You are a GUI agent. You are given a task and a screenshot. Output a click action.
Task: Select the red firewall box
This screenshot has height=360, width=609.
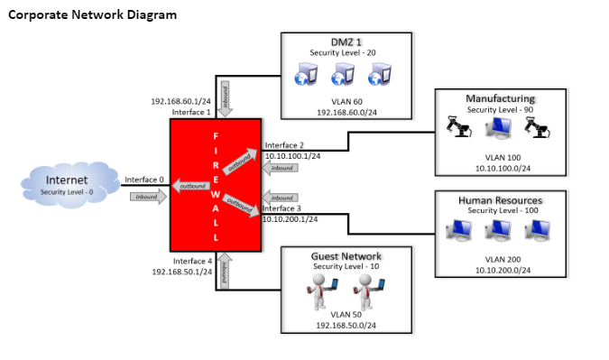click(216, 185)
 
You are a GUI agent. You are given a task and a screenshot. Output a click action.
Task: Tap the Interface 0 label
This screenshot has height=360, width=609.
click(144, 180)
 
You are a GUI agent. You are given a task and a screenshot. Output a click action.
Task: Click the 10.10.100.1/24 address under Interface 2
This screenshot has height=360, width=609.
click(293, 155)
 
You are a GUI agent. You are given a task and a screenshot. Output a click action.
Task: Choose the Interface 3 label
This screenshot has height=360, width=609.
click(282, 208)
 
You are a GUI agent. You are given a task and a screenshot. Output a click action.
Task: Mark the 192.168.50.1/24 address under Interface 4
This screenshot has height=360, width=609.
click(181, 271)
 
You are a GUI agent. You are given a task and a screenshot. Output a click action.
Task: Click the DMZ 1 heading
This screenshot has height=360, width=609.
click(346, 42)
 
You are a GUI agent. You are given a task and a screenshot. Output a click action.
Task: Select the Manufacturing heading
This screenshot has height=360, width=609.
click(500, 98)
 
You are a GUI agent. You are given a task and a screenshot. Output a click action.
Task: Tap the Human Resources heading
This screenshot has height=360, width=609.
click(500, 200)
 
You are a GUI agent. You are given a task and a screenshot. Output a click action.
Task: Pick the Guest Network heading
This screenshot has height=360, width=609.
click(346, 256)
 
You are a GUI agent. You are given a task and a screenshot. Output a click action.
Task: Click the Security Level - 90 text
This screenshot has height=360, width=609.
click(500, 109)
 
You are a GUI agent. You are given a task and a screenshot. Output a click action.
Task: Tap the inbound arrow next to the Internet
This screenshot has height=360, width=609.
click(147, 197)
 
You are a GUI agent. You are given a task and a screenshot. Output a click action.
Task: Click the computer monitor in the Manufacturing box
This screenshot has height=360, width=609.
click(499, 130)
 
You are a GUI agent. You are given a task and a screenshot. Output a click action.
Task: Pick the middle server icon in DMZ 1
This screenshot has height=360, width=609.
click(346, 73)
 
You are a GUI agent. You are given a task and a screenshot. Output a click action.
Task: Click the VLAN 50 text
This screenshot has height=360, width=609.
click(346, 313)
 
